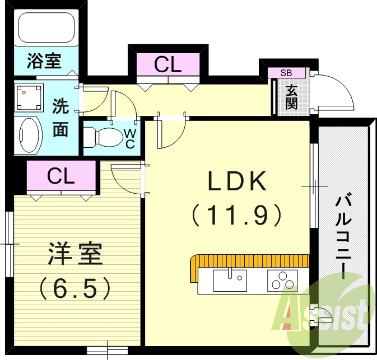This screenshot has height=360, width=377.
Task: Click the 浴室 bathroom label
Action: coord(44,61)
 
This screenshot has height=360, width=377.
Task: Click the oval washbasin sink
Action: coord(29,135)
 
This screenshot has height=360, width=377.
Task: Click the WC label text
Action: coord(129,138)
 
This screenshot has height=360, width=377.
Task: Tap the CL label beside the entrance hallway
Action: coord(168,65)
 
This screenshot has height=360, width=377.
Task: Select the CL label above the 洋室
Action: coord(61,176)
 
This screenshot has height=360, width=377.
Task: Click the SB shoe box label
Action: coord(286,73)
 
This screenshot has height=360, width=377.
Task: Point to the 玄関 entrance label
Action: coord(291,96)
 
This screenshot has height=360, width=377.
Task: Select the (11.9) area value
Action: coord(235,214)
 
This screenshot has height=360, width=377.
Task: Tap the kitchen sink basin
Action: coord(230,280)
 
